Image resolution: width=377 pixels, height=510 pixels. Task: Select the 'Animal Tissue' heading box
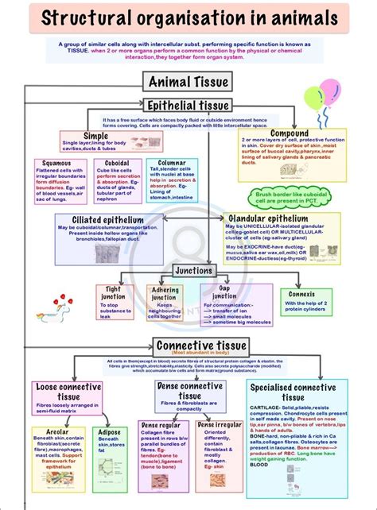[188, 81]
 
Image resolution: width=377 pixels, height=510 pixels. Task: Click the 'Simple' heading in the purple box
[95, 136]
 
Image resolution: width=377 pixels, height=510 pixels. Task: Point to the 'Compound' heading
[290, 133]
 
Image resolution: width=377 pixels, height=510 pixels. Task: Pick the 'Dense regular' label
[162, 425]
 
